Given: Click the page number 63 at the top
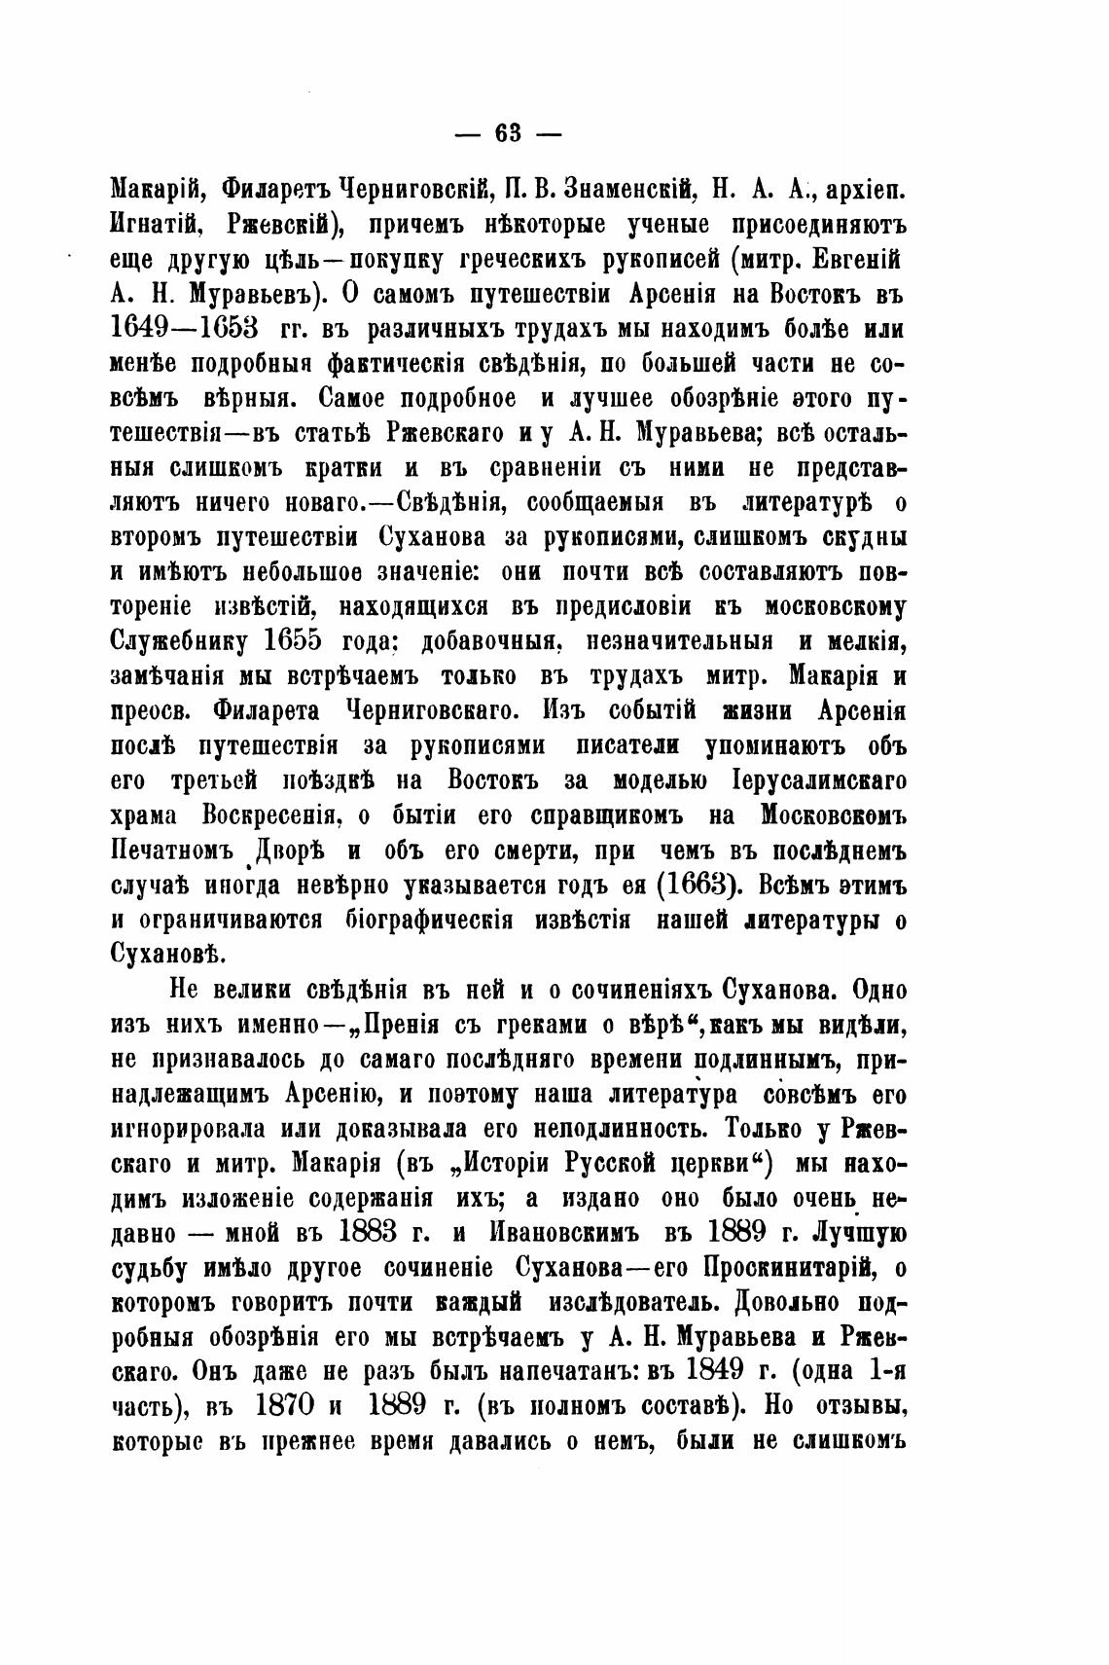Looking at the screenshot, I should click(x=509, y=133).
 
